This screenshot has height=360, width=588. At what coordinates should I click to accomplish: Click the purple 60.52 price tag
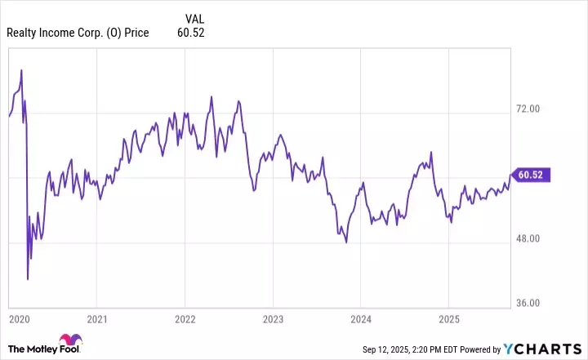click(533, 174)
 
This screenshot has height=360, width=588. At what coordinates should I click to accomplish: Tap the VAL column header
click(195, 18)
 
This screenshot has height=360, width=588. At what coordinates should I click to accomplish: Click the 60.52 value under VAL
click(189, 33)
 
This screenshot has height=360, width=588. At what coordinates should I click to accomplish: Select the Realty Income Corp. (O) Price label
click(78, 33)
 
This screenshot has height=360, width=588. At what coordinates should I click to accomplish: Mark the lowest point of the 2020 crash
click(28, 279)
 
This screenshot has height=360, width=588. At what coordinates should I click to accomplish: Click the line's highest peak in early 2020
click(21, 70)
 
